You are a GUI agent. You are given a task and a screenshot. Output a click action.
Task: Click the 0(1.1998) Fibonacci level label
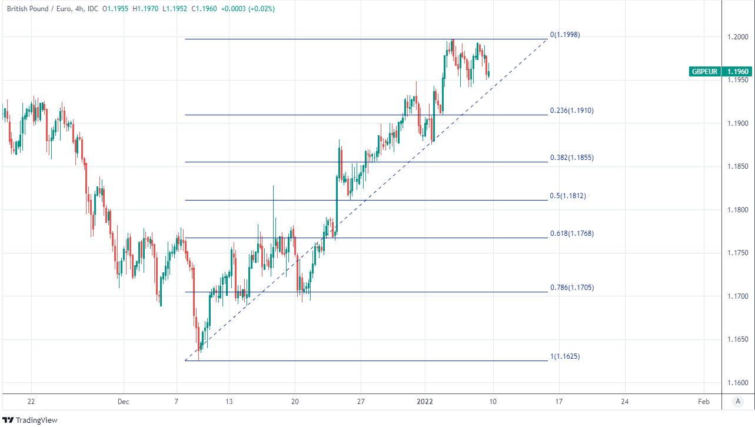(x=565, y=35)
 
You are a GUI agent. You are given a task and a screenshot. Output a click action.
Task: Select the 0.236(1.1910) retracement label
(x=571, y=110)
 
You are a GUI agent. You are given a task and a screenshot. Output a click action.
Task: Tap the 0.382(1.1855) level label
(x=571, y=158)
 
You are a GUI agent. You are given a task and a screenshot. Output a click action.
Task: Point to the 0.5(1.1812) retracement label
(x=568, y=196)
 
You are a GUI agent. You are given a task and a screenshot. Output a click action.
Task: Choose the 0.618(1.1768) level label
(x=571, y=233)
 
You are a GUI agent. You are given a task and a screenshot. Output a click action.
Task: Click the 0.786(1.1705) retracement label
(x=571, y=288)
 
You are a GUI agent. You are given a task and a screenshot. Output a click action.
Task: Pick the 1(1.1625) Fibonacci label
(x=565, y=356)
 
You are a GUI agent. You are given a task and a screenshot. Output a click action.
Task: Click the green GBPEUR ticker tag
(x=705, y=72)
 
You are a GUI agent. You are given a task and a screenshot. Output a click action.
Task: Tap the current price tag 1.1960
(x=738, y=72)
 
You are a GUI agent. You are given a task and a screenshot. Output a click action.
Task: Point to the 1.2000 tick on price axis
(x=737, y=37)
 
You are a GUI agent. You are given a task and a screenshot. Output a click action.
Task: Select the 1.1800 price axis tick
(x=737, y=210)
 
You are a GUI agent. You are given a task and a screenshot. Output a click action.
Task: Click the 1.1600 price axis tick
(x=737, y=383)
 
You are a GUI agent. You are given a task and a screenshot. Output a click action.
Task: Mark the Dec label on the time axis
(x=123, y=402)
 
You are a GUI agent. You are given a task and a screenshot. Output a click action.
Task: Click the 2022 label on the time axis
(x=425, y=402)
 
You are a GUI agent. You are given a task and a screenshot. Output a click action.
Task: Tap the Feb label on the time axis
(x=703, y=402)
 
